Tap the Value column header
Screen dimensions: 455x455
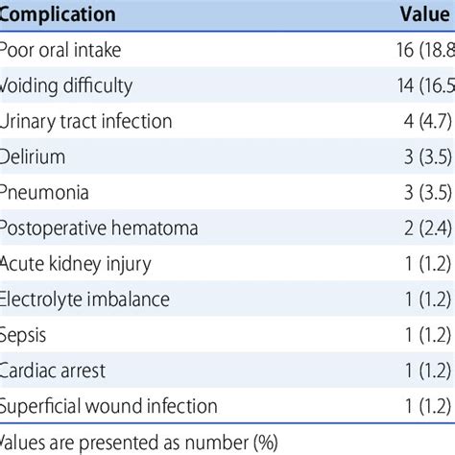(425, 15)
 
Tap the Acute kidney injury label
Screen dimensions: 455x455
(76, 264)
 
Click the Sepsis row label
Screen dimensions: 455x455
(23, 335)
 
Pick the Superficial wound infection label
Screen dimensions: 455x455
(108, 406)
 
